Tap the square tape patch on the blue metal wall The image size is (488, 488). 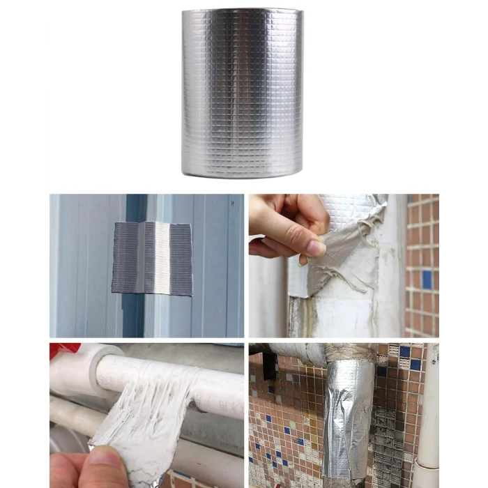[152, 258]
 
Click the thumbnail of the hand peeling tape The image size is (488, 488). [344, 266]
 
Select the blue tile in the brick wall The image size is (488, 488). [427, 280]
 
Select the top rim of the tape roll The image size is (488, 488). [242, 11]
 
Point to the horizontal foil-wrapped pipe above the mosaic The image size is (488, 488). [293, 352]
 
